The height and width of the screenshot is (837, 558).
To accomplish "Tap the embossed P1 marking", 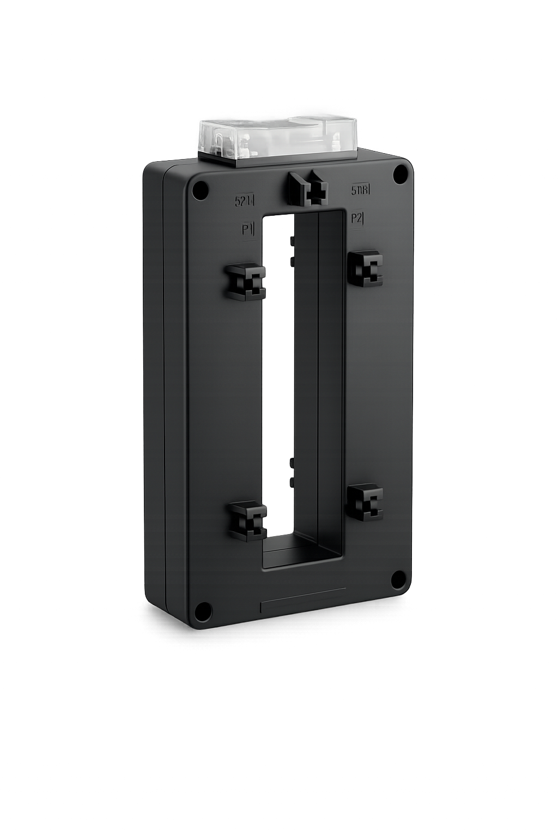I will pos(248,228).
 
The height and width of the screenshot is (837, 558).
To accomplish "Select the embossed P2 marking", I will pos(357,219).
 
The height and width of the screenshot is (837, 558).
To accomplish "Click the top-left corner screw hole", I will pos(201,190).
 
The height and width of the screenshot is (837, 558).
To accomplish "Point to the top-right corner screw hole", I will pos(401,174).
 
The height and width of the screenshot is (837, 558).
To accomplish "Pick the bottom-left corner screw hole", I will pos(203,611).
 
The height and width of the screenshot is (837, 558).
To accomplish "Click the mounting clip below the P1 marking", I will pos(246,282).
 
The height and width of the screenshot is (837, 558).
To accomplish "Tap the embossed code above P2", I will pos(360,190).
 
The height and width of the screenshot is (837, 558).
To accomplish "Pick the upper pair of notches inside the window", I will pos(293,251).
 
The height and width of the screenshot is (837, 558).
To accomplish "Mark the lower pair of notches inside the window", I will pos(292,472).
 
